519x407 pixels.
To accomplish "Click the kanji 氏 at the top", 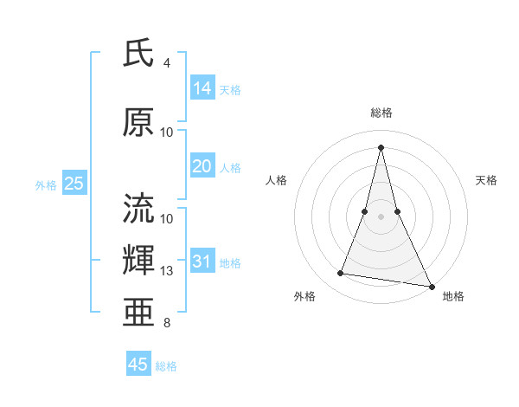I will (138, 53).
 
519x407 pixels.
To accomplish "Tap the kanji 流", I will (138, 209).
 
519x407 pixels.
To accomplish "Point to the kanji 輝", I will (138, 262).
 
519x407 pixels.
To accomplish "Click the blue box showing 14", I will (202, 88).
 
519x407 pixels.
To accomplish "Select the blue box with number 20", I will (202, 166).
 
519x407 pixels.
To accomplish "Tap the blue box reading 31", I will (202, 262).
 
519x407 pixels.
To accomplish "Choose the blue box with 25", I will (74, 184).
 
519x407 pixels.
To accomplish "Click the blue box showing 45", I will (138, 365).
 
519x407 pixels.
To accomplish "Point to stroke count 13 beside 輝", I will (167, 271).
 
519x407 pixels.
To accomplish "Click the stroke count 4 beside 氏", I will (167, 63).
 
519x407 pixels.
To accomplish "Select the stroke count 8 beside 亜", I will (167, 323).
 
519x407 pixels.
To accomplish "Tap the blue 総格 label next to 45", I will (166, 366).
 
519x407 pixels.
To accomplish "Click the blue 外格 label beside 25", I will (46, 184).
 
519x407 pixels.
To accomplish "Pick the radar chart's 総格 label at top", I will (381, 113).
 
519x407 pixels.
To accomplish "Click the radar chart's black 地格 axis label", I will (453, 296).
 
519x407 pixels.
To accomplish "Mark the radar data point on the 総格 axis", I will (381, 147).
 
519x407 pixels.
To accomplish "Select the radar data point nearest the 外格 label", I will (341, 274).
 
